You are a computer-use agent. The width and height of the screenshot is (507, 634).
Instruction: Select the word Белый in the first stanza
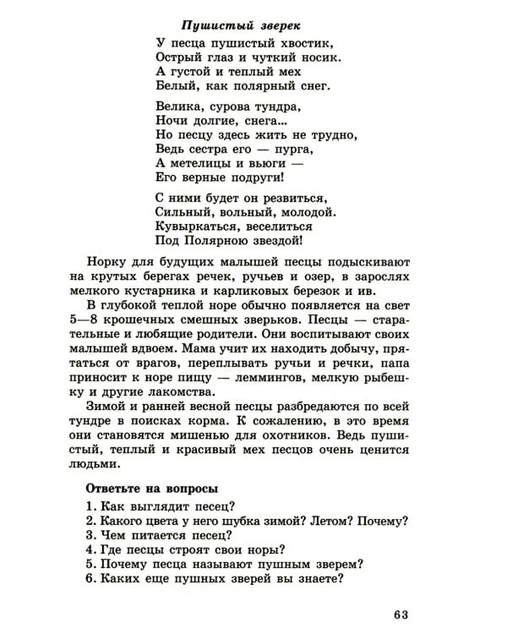click(x=175, y=86)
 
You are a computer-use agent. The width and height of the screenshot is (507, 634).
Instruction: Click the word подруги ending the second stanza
click(x=253, y=179)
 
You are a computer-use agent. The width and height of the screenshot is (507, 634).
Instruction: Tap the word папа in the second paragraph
click(x=395, y=362)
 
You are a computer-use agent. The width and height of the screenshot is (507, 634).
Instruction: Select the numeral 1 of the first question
click(x=89, y=506)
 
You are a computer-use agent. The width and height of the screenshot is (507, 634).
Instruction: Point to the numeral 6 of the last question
click(x=89, y=579)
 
